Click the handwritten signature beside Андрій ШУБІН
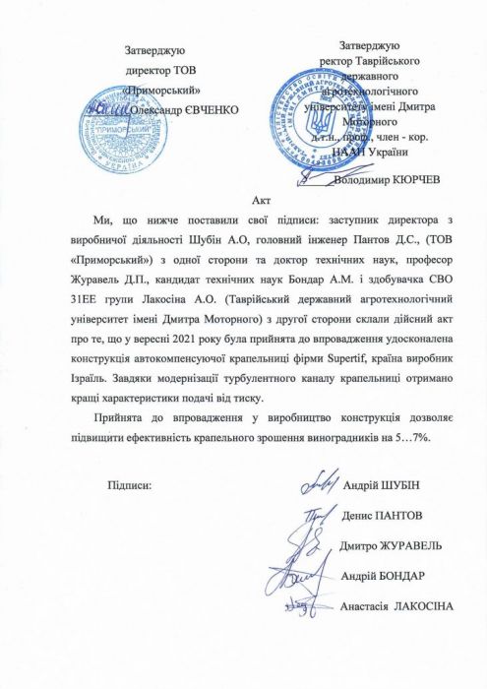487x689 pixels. click(x=317, y=482)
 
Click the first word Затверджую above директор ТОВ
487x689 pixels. click(x=155, y=49)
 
